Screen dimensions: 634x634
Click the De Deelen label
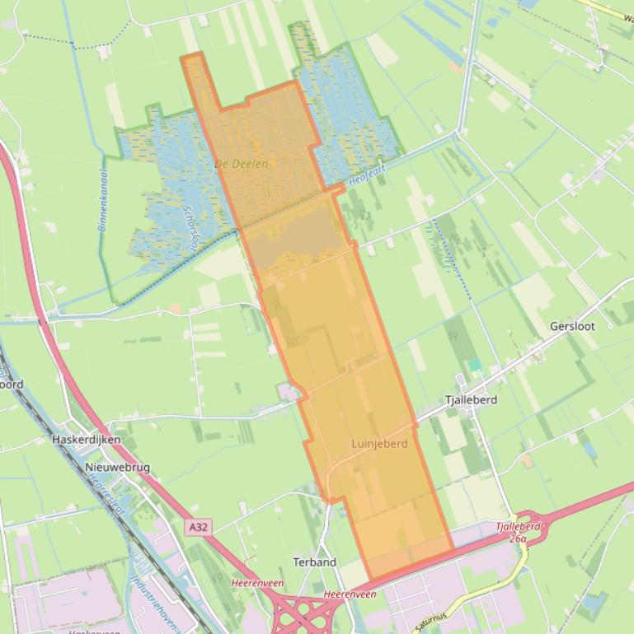(x=241, y=164)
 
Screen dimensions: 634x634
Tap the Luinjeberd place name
(x=379, y=443)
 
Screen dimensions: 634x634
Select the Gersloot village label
(x=572, y=326)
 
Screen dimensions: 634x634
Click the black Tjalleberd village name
(x=471, y=399)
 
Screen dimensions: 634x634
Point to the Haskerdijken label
(x=86, y=440)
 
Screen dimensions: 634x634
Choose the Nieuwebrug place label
(x=117, y=467)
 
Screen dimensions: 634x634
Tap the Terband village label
(x=314, y=562)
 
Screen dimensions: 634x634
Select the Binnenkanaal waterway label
(x=104, y=200)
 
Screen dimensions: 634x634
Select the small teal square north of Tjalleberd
(x=474, y=364)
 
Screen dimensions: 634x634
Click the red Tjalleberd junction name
(x=519, y=526)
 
